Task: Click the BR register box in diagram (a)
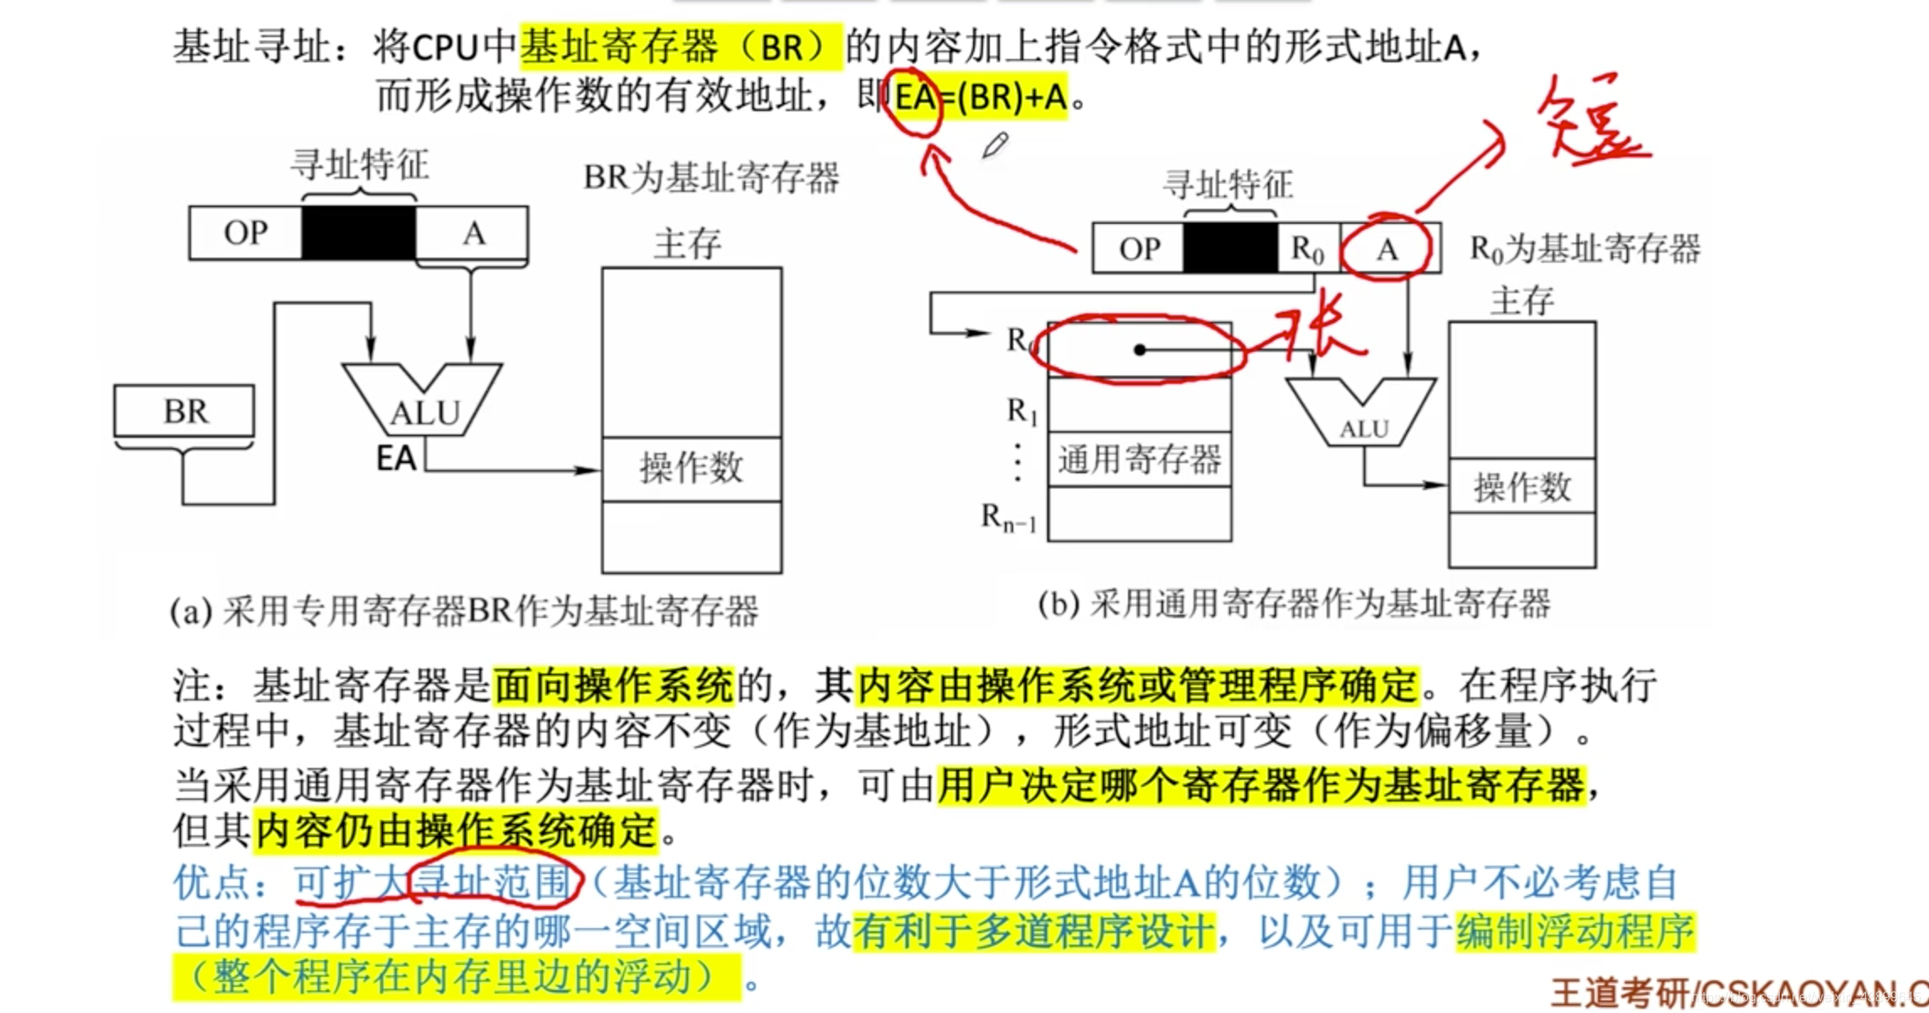pyautogui.click(x=184, y=411)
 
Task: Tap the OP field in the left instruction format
pyautogui.click(x=245, y=232)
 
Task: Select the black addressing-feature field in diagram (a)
pyautogui.click(x=359, y=232)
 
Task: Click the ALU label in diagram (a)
pyautogui.click(x=425, y=412)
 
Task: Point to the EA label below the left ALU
pyautogui.click(x=396, y=459)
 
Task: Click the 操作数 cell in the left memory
pyautogui.click(x=692, y=468)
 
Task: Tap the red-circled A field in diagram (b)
pyautogui.click(x=1387, y=249)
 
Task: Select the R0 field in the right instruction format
pyautogui.click(x=1307, y=249)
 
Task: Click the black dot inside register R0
pyautogui.click(x=1140, y=349)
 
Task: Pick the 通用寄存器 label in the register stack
pyautogui.click(x=1140, y=460)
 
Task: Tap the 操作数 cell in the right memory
pyautogui.click(x=1522, y=487)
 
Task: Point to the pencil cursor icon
pyautogui.click(x=995, y=146)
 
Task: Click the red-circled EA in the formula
pyautogui.click(x=914, y=98)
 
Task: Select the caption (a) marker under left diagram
pyautogui.click(x=191, y=611)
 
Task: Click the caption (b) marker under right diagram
pyautogui.click(x=1059, y=604)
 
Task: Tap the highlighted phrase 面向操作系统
pyautogui.click(x=613, y=686)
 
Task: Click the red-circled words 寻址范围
pyautogui.click(x=494, y=882)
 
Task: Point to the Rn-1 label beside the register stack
pyautogui.click(x=1008, y=517)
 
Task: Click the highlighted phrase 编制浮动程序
pyautogui.click(x=1574, y=930)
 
